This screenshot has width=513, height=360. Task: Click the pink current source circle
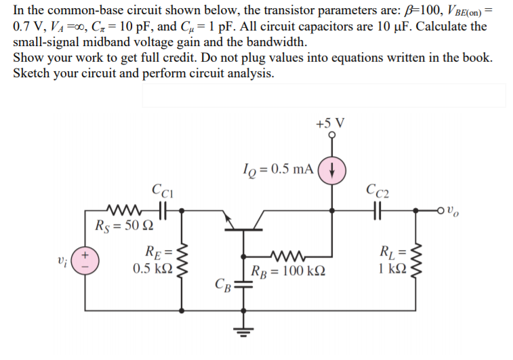pos(332,169)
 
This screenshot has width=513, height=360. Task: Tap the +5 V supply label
pos(330,123)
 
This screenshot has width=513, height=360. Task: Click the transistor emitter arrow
pos(232,220)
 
